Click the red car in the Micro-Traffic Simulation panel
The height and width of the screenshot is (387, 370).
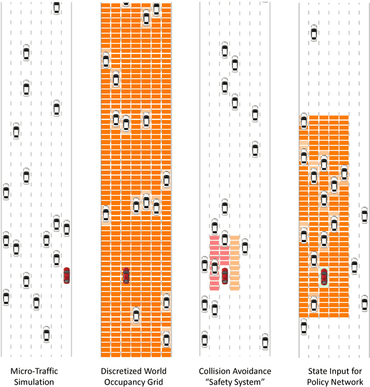click(66, 275)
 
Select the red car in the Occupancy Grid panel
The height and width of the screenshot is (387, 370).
click(126, 275)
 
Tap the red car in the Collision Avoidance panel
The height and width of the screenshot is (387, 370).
click(225, 275)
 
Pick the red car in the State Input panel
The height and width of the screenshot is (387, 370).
click(324, 276)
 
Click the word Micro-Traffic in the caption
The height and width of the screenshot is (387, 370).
click(35, 371)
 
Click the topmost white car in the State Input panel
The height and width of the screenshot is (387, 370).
click(313, 32)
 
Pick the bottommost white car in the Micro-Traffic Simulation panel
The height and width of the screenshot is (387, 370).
click(46, 334)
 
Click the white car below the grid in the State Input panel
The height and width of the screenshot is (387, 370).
click(304, 327)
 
